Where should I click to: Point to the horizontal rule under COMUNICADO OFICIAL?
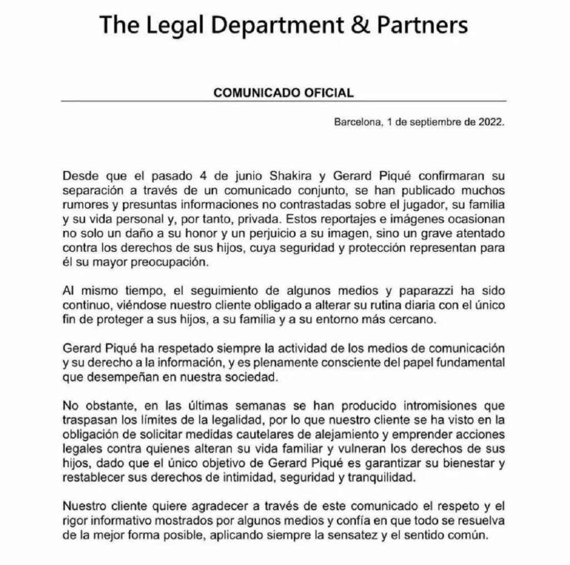pos(284,101)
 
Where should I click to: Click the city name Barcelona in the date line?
pos(356,123)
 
